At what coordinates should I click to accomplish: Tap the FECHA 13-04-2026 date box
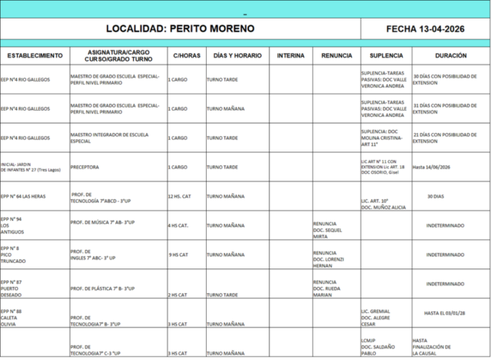click(x=425, y=29)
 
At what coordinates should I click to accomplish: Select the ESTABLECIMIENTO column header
click(x=35, y=56)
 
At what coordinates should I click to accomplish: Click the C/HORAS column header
click(x=187, y=56)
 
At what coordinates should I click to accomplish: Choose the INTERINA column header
click(x=291, y=56)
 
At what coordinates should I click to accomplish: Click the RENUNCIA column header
click(x=336, y=56)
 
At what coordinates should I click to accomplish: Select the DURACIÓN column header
click(x=450, y=56)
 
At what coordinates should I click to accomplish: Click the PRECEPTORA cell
click(x=85, y=166)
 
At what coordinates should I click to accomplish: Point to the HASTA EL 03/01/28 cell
click(x=450, y=312)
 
